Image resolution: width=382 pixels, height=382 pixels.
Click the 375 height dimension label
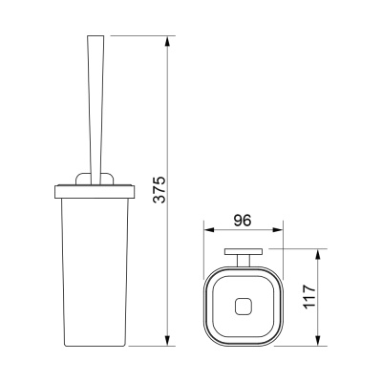tap(159, 189)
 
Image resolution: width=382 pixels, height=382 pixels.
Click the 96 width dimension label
tap(243, 221)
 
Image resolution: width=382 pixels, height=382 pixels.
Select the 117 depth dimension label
tap(309, 296)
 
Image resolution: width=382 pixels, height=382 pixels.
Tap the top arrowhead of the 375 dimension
tap(168, 42)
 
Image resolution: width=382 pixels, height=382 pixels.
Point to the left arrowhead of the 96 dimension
tap(209, 230)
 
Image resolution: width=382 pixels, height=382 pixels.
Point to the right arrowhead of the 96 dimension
tap(277, 230)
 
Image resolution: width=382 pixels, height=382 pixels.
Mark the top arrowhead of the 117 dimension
tap(318, 255)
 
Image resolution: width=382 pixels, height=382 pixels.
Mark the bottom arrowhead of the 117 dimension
tap(318, 340)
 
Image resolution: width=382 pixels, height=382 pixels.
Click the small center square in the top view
tap(243, 307)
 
